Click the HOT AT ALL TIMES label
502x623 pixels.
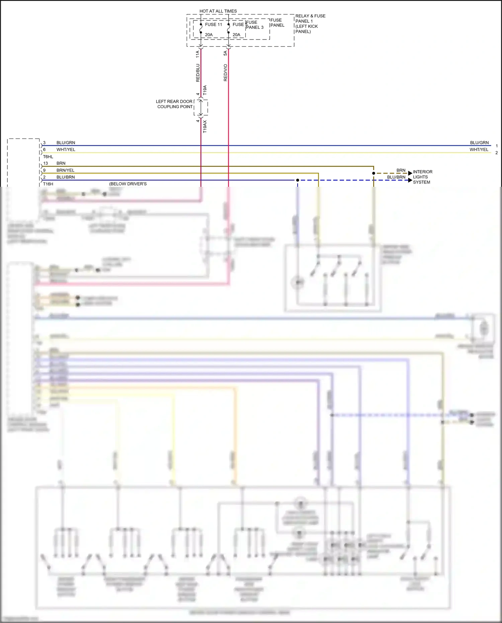point(218,11)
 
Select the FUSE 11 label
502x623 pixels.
point(213,24)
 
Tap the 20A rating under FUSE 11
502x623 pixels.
point(208,35)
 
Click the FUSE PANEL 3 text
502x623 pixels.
point(255,25)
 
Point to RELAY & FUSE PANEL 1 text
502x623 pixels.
point(310,23)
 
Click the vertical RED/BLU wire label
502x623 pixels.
point(198,73)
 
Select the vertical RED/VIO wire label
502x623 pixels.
point(226,73)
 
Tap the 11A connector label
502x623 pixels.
point(198,54)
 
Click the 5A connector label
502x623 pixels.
point(226,53)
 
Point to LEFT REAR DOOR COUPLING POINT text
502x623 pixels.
point(174,104)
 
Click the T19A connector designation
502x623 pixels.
point(205,90)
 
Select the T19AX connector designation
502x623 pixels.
point(205,127)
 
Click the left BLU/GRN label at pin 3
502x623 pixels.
point(66,143)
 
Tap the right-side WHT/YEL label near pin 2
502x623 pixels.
point(479,150)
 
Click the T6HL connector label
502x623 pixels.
point(48,157)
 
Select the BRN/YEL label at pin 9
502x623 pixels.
point(65,170)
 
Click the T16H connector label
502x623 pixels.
point(48,184)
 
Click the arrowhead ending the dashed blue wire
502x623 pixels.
point(410,180)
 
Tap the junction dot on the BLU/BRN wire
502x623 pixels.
point(298,180)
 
